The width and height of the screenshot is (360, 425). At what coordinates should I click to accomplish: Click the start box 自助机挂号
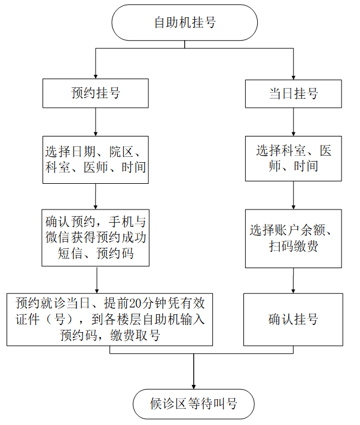(x=185, y=22)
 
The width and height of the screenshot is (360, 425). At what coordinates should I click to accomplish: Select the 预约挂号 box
(x=96, y=93)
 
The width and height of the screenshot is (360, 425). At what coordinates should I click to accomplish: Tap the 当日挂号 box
(x=293, y=93)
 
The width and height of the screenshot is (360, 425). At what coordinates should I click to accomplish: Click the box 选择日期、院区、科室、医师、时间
(x=96, y=158)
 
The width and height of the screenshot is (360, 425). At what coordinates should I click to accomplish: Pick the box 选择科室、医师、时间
(x=293, y=158)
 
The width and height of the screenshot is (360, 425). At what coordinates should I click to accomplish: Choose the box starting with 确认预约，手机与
(x=96, y=237)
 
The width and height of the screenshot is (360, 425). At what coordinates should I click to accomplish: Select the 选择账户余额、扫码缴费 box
(x=293, y=238)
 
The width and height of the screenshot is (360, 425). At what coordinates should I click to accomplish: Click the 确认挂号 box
(x=293, y=319)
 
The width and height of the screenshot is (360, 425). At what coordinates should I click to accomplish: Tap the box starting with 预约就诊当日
(x=110, y=319)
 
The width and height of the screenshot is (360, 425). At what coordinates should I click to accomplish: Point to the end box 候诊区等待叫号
(x=194, y=403)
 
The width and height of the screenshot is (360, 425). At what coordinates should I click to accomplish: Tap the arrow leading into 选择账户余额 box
(x=293, y=196)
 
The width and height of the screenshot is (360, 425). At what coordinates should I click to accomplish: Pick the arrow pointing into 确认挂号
(x=293, y=281)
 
